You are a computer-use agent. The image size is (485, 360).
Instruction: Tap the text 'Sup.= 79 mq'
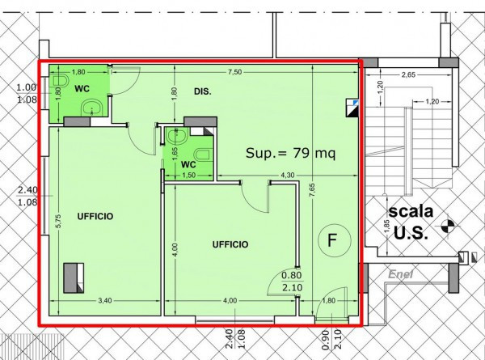pos(289,152)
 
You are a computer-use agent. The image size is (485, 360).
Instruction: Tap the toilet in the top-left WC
pos(62,81)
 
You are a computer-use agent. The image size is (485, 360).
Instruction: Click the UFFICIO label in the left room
pos(95,216)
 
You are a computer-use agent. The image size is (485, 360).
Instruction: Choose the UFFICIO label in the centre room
pos(230,244)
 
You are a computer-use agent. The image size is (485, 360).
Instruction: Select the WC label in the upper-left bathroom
pos(82,87)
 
